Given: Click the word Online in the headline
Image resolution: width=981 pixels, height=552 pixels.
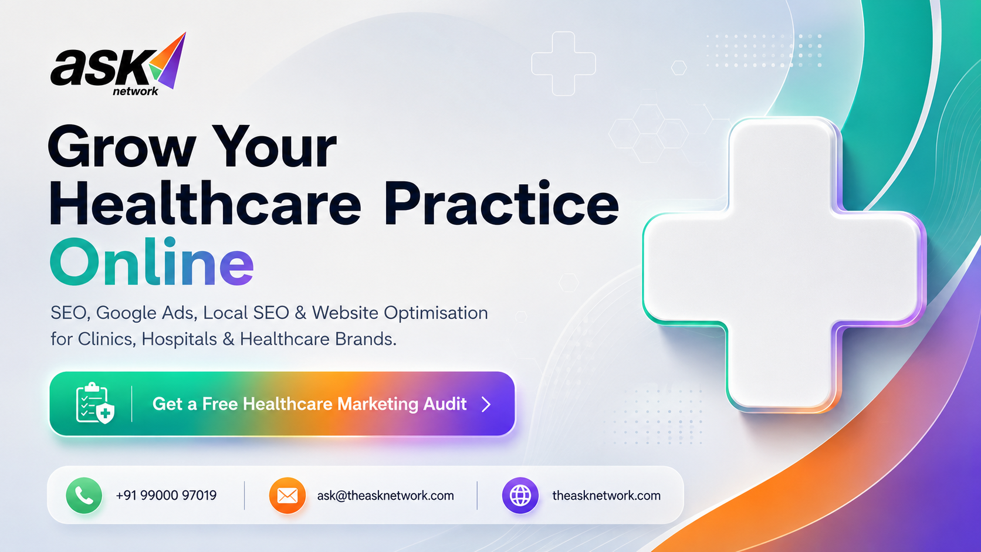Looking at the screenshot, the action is [151, 262].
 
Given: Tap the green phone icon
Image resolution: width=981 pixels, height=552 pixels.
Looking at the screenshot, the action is [84, 495].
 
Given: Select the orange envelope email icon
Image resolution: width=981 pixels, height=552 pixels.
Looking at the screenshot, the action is [287, 496].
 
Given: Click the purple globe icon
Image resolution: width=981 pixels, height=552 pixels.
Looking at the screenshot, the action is [520, 496].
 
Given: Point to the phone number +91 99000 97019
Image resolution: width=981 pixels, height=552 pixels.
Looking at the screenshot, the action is [166, 496].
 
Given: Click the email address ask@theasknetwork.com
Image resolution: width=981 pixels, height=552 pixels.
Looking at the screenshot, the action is [385, 496].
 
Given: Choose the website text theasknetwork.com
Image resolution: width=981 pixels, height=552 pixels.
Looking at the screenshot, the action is [606, 496].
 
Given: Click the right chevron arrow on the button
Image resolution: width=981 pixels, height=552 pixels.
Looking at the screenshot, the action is [486, 404].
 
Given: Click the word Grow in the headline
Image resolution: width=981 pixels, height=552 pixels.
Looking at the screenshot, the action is [122, 147].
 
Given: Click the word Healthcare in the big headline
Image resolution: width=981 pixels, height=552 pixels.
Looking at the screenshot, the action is [205, 204].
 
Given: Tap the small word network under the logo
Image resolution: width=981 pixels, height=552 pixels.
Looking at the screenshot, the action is [136, 91].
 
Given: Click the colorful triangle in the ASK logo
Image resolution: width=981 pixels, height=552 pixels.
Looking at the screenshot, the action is [168, 60].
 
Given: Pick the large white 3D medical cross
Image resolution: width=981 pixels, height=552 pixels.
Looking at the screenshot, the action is [784, 265].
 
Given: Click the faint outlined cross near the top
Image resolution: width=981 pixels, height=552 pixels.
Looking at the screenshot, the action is [563, 64].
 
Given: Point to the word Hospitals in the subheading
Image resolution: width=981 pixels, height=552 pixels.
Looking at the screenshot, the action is [179, 339].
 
